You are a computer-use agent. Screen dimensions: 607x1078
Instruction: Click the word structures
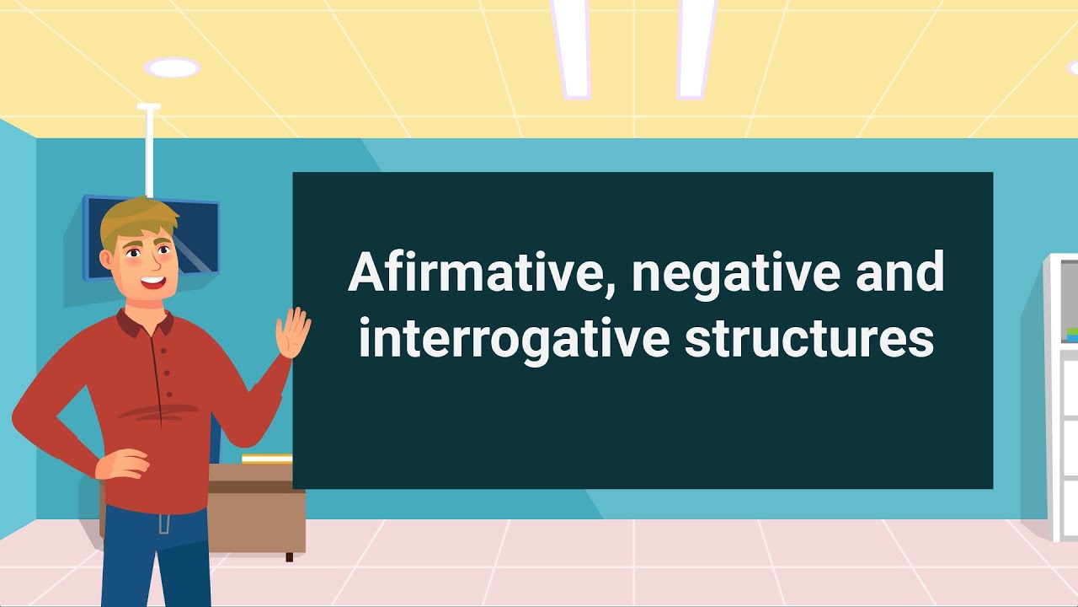pyautogui.click(x=808, y=339)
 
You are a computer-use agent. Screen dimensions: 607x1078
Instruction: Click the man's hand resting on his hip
pyautogui.click(x=124, y=463)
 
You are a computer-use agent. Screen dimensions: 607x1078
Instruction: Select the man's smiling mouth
pyautogui.click(x=152, y=282)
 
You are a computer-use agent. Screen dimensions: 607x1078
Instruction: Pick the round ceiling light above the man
pyautogui.click(x=172, y=67)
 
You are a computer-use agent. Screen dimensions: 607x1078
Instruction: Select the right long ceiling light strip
pyautogui.click(x=696, y=46)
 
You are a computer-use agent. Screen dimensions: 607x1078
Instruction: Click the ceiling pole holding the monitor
pyautogui.click(x=150, y=152)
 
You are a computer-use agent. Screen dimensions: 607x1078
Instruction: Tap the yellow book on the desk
pyautogui.click(x=267, y=459)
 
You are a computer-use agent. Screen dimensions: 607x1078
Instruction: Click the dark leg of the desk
pyautogui.click(x=289, y=556)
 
